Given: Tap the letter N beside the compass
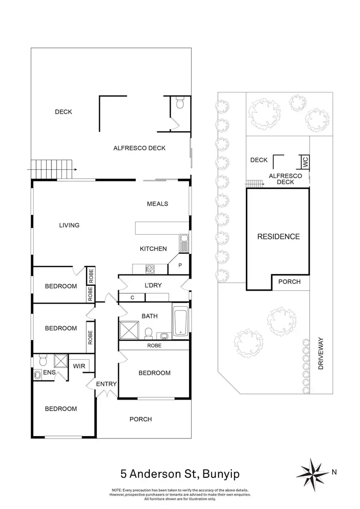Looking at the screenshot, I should click(x=334, y=472).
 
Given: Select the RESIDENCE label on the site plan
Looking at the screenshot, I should click(x=278, y=237).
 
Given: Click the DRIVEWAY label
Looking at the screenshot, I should click(x=322, y=353).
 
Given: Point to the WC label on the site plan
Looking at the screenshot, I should click(x=304, y=162).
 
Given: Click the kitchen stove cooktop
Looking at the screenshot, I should click(x=149, y=269).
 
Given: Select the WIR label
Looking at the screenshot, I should click(x=79, y=366).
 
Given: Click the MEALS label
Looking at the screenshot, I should click(x=157, y=204).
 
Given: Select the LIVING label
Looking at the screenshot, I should click(x=69, y=225).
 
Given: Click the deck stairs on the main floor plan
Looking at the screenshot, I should click(x=52, y=168).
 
